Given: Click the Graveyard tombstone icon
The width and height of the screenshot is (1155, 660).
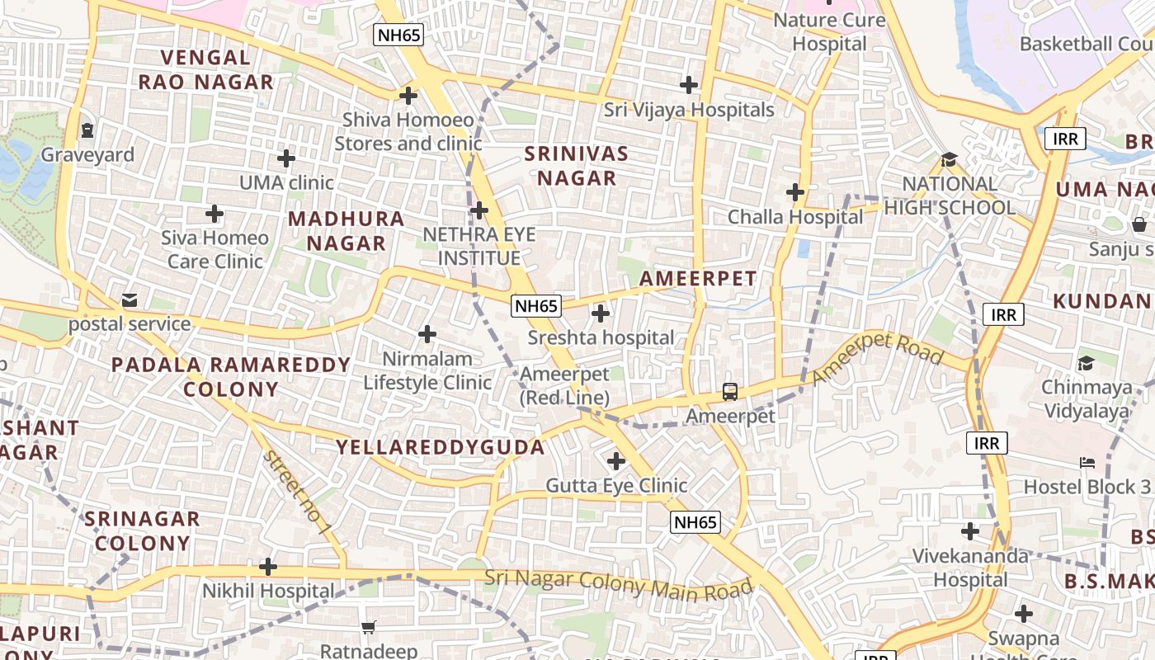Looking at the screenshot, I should point(87,130).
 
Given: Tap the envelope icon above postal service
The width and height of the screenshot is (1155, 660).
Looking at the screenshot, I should point(130,299).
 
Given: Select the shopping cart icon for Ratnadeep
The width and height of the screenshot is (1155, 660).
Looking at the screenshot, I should point(369,627).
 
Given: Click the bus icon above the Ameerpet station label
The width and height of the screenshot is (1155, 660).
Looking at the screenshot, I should point(730,391).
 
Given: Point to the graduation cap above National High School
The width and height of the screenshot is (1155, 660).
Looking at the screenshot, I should point(949,159).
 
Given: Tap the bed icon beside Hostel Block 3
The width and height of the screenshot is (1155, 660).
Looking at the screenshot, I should point(1087,463).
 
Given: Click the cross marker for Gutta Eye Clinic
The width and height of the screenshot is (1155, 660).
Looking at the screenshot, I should point(616,460).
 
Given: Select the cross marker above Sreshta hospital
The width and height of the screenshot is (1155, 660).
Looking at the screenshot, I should point(601,313).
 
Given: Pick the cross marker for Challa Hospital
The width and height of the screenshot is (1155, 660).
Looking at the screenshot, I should point(795,192).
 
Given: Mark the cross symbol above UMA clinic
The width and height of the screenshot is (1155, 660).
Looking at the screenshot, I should point(286,158).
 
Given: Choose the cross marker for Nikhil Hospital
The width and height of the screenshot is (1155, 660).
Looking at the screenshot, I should point(268,567).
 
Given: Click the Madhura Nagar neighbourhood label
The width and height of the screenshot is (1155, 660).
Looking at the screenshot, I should point(346,231).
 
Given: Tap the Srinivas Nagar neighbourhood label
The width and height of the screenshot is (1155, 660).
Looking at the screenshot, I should point(577,166).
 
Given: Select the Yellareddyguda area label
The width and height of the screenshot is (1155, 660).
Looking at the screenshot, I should point(440,447).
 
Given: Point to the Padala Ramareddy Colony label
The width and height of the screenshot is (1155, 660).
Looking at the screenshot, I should point(231,376).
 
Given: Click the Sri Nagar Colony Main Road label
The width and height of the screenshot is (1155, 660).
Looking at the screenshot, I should point(619,584).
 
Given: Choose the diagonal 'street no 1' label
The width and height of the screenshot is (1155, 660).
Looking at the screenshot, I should point(298,492).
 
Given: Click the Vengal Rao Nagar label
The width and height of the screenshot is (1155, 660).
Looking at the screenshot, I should point(205,69).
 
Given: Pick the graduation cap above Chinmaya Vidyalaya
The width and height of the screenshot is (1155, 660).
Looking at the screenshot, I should point(1086,363).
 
